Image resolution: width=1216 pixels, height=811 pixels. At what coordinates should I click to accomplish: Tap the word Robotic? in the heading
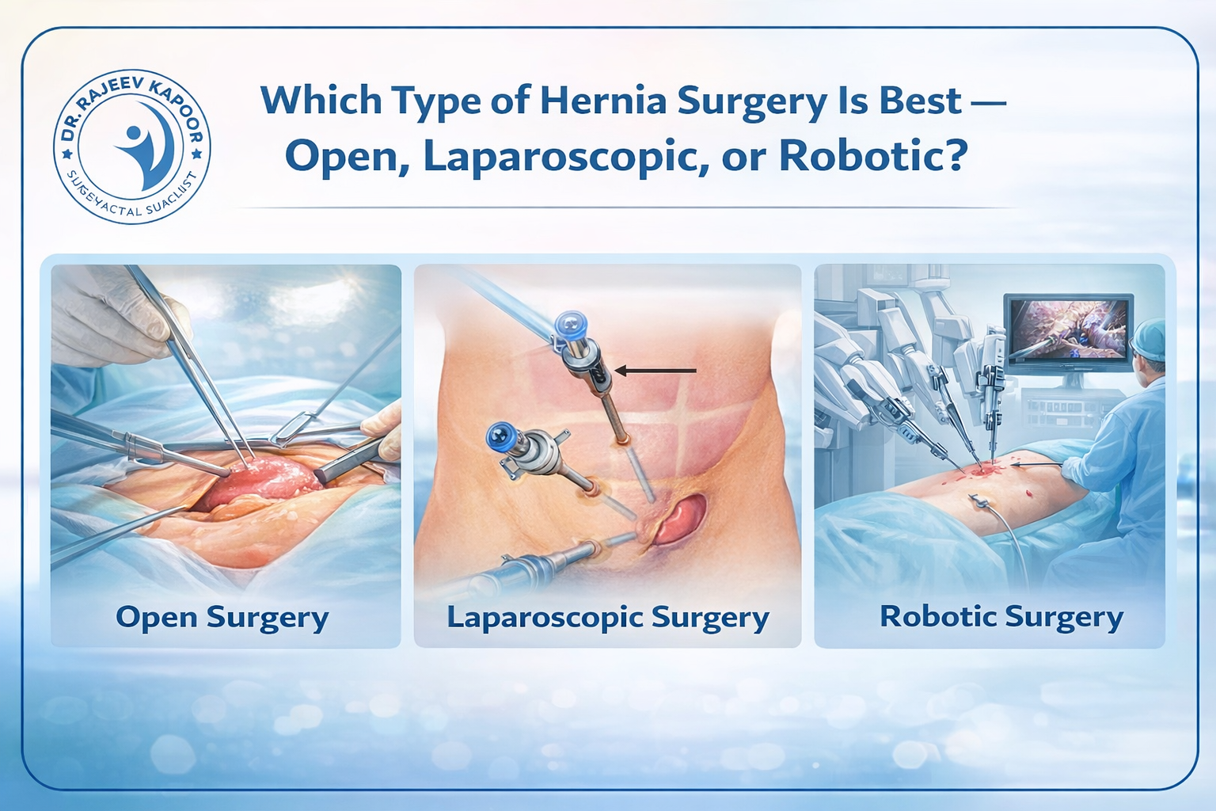[x=873, y=156]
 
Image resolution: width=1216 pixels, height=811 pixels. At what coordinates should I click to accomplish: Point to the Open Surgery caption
[x=222, y=618]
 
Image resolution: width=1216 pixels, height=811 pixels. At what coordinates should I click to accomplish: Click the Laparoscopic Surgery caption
[x=607, y=618]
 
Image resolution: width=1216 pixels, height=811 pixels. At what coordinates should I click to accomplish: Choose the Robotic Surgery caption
[x=1001, y=617]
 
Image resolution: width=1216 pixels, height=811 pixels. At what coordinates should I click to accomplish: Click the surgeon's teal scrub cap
[x=1149, y=339]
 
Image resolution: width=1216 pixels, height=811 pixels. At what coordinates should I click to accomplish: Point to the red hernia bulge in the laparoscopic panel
[x=679, y=519]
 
